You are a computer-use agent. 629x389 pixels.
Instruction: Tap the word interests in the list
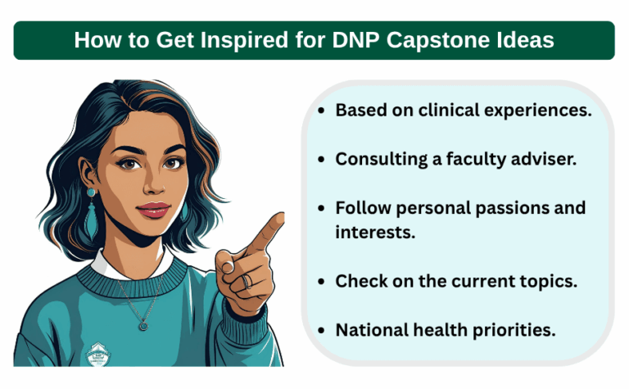coord(374,232)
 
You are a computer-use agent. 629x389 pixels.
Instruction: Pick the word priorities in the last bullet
coord(513,329)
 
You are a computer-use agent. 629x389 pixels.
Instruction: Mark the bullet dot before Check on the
coord(319,281)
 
